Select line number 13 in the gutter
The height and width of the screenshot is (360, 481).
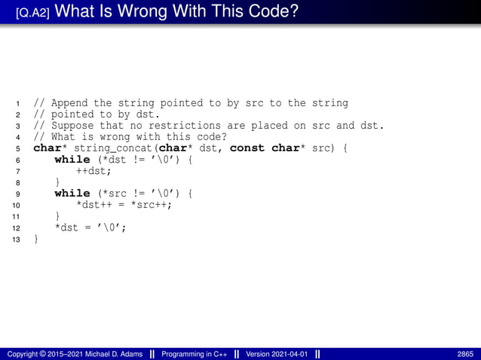[17, 239]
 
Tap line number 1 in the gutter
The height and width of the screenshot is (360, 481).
[17, 103]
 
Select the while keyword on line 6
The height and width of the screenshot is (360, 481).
[72, 160]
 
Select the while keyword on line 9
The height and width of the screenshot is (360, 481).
[72, 194]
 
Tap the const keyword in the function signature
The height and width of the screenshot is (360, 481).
[247, 148]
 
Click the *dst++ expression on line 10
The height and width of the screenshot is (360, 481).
[94, 205]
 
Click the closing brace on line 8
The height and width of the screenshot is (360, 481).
[57, 182]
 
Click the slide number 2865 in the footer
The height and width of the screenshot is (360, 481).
[465, 354]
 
